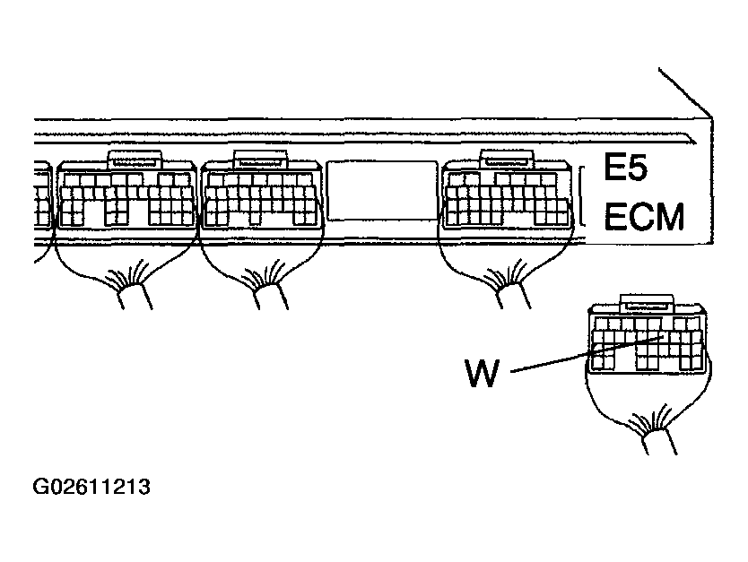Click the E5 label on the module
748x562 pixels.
pos(625,167)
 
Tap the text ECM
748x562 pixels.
pos(644,217)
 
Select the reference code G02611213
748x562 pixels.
pos(91,487)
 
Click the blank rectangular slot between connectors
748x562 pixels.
pos(382,191)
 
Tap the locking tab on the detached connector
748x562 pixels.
pos(647,304)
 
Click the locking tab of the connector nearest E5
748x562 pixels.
pos(506,160)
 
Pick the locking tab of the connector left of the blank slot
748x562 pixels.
pos(260,160)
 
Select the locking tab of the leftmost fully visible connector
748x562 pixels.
pos(135,160)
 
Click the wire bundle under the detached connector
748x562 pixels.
pos(659,442)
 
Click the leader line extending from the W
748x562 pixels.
pos(587,354)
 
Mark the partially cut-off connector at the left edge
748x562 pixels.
pos(42,196)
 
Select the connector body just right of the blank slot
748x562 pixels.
pos(507,195)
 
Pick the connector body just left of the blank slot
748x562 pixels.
pos(260,195)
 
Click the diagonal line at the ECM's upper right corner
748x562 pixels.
pos(685,92)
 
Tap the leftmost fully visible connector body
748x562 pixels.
pos(126,195)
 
